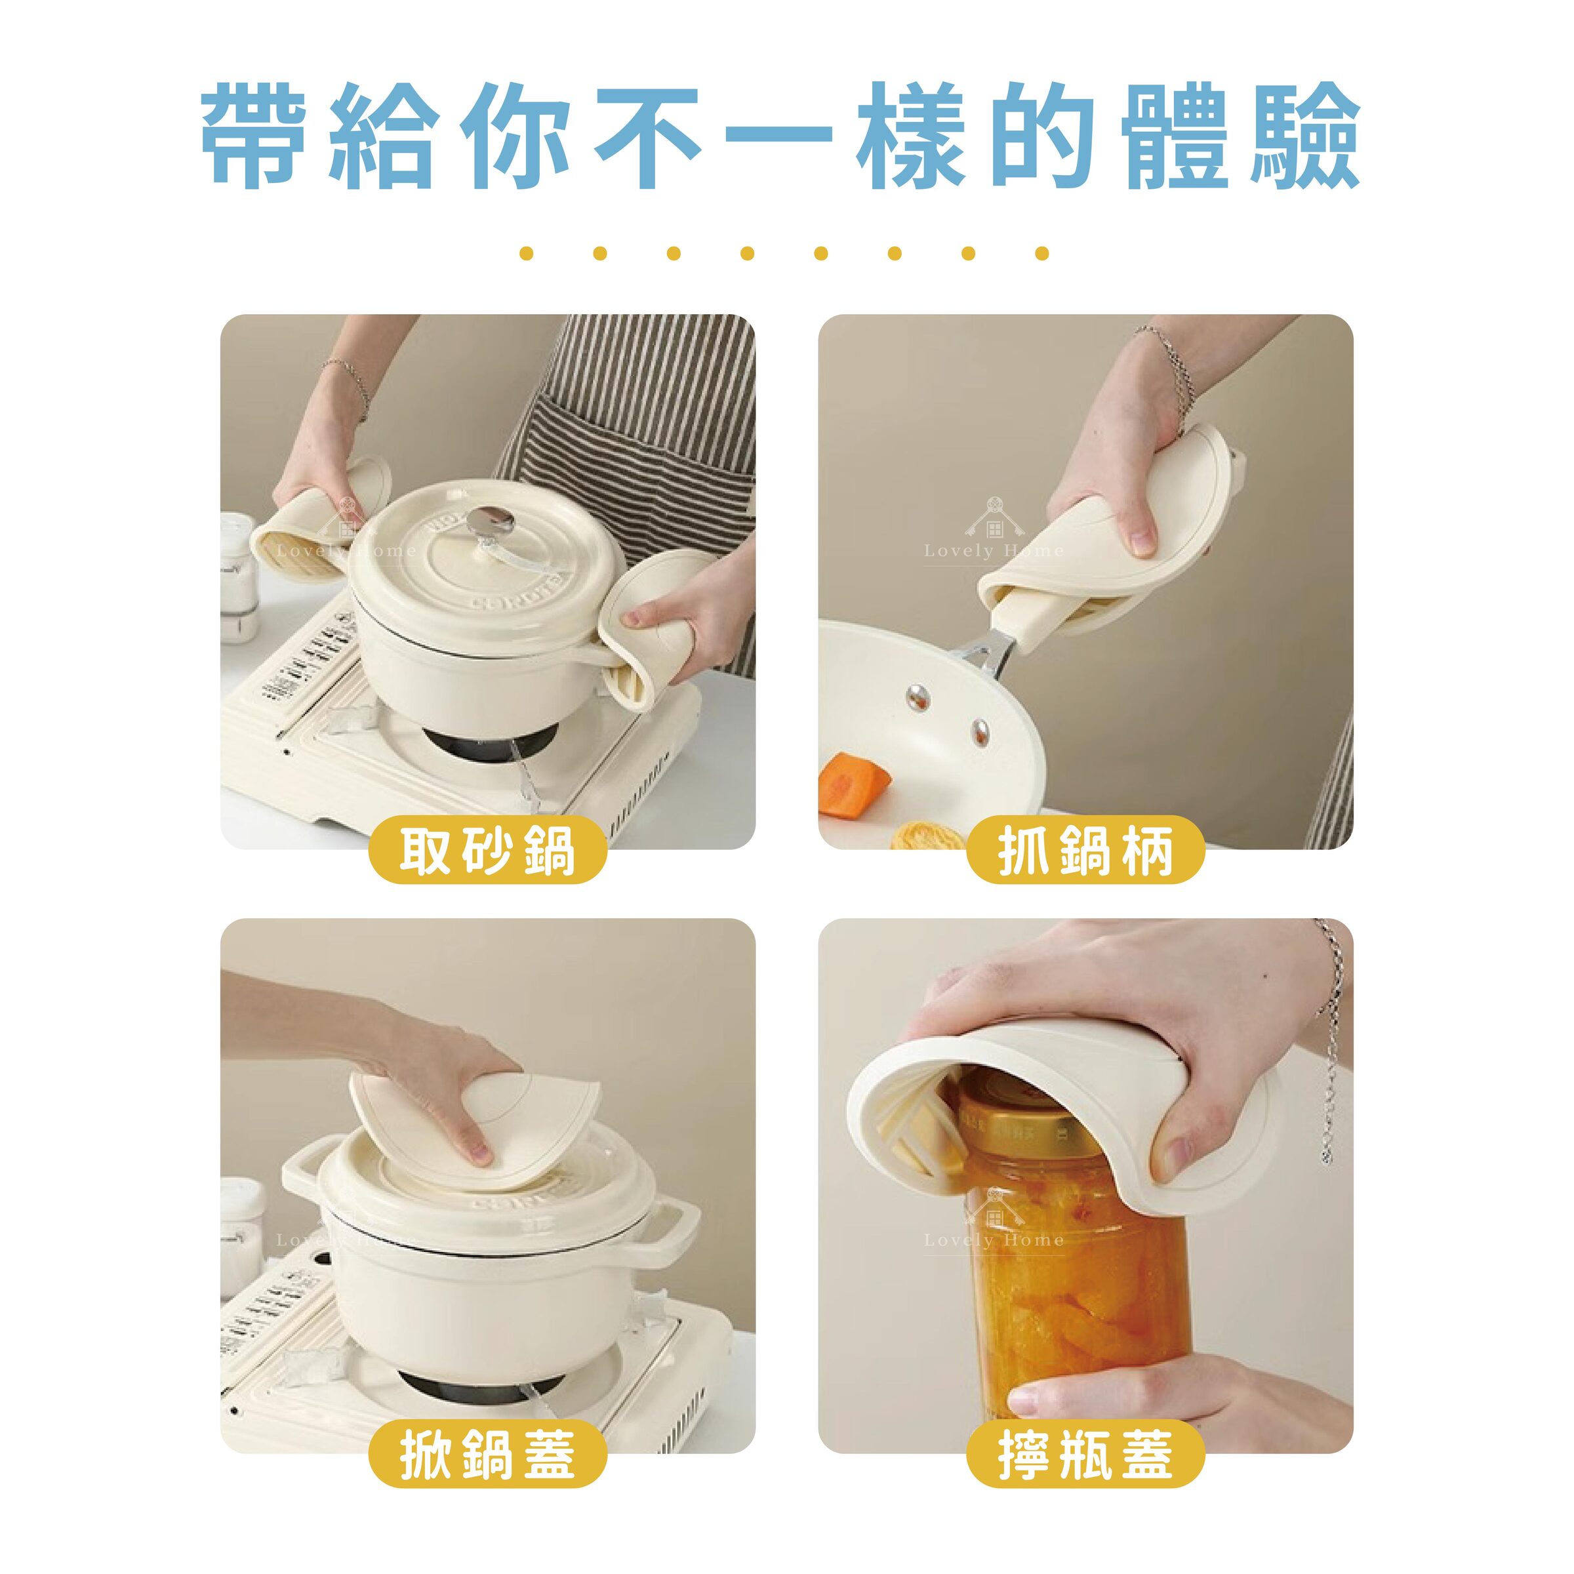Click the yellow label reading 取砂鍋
[487, 851]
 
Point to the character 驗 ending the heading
[1305, 134]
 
